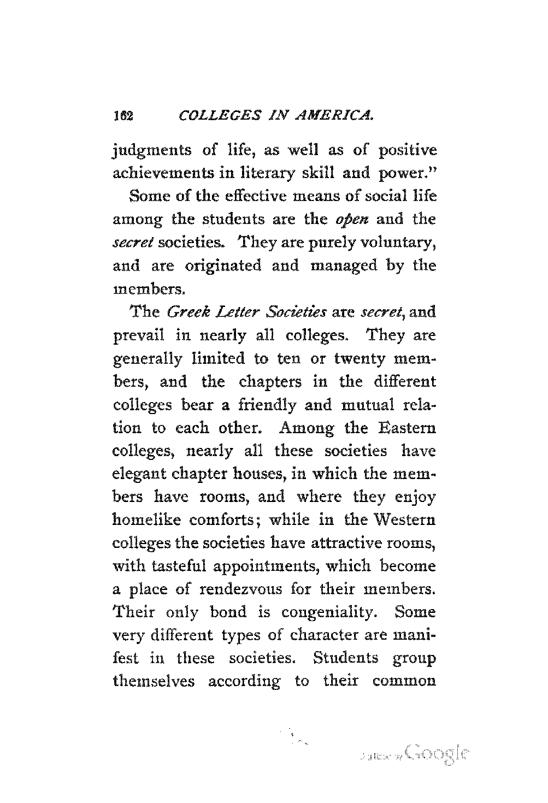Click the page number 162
(120, 116)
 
